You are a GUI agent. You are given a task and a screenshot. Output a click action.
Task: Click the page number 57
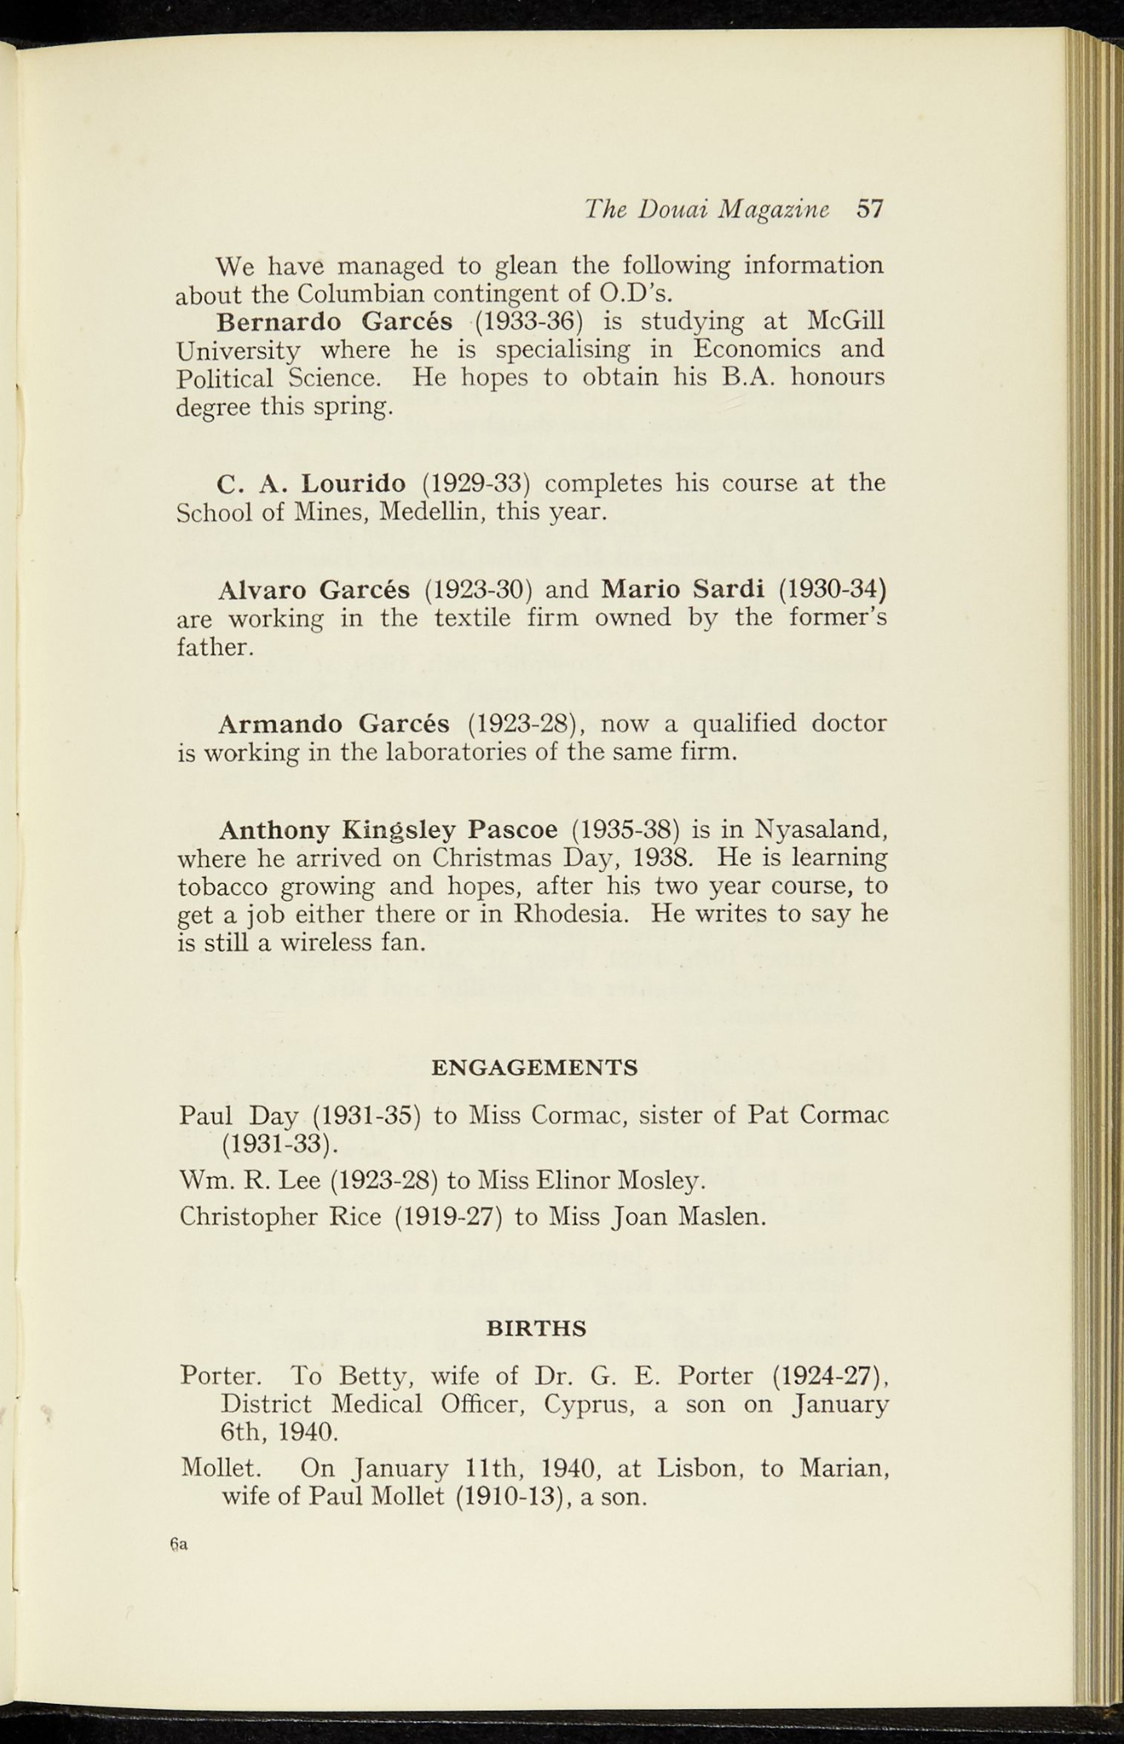click(x=870, y=209)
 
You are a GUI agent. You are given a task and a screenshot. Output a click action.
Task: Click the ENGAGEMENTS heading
click(x=535, y=1068)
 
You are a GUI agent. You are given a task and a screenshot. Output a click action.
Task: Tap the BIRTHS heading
click(x=536, y=1328)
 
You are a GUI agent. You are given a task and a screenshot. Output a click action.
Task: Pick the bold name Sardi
click(x=730, y=588)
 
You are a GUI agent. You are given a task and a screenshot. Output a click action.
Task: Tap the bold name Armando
click(x=280, y=724)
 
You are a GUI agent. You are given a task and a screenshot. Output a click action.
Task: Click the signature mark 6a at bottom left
click(x=179, y=1544)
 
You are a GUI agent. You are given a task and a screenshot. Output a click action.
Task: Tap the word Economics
click(x=745, y=350)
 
